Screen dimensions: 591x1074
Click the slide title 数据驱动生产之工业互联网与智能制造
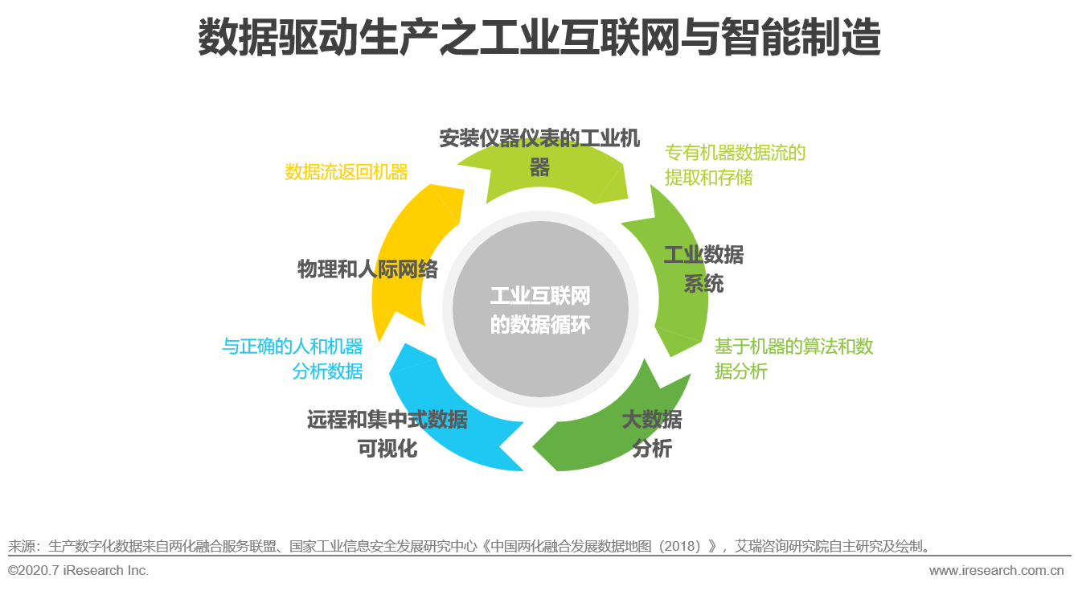click(x=539, y=39)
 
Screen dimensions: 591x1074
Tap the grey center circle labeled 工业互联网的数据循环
click(x=539, y=310)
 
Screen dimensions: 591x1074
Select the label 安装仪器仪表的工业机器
click(x=539, y=153)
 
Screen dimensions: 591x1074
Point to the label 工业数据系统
click(x=703, y=269)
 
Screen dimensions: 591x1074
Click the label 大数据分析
click(x=652, y=434)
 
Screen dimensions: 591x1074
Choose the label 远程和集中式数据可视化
click(x=387, y=433)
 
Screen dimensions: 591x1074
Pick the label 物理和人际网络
click(x=367, y=269)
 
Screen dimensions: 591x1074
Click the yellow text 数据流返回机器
click(x=346, y=172)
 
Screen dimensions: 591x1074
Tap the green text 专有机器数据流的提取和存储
click(x=735, y=165)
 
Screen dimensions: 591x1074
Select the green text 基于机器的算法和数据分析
click(x=793, y=359)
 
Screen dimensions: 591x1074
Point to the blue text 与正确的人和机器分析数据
click(x=293, y=359)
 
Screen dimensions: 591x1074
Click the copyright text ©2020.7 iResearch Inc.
click(x=78, y=570)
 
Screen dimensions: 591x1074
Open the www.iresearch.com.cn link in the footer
click(x=996, y=571)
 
